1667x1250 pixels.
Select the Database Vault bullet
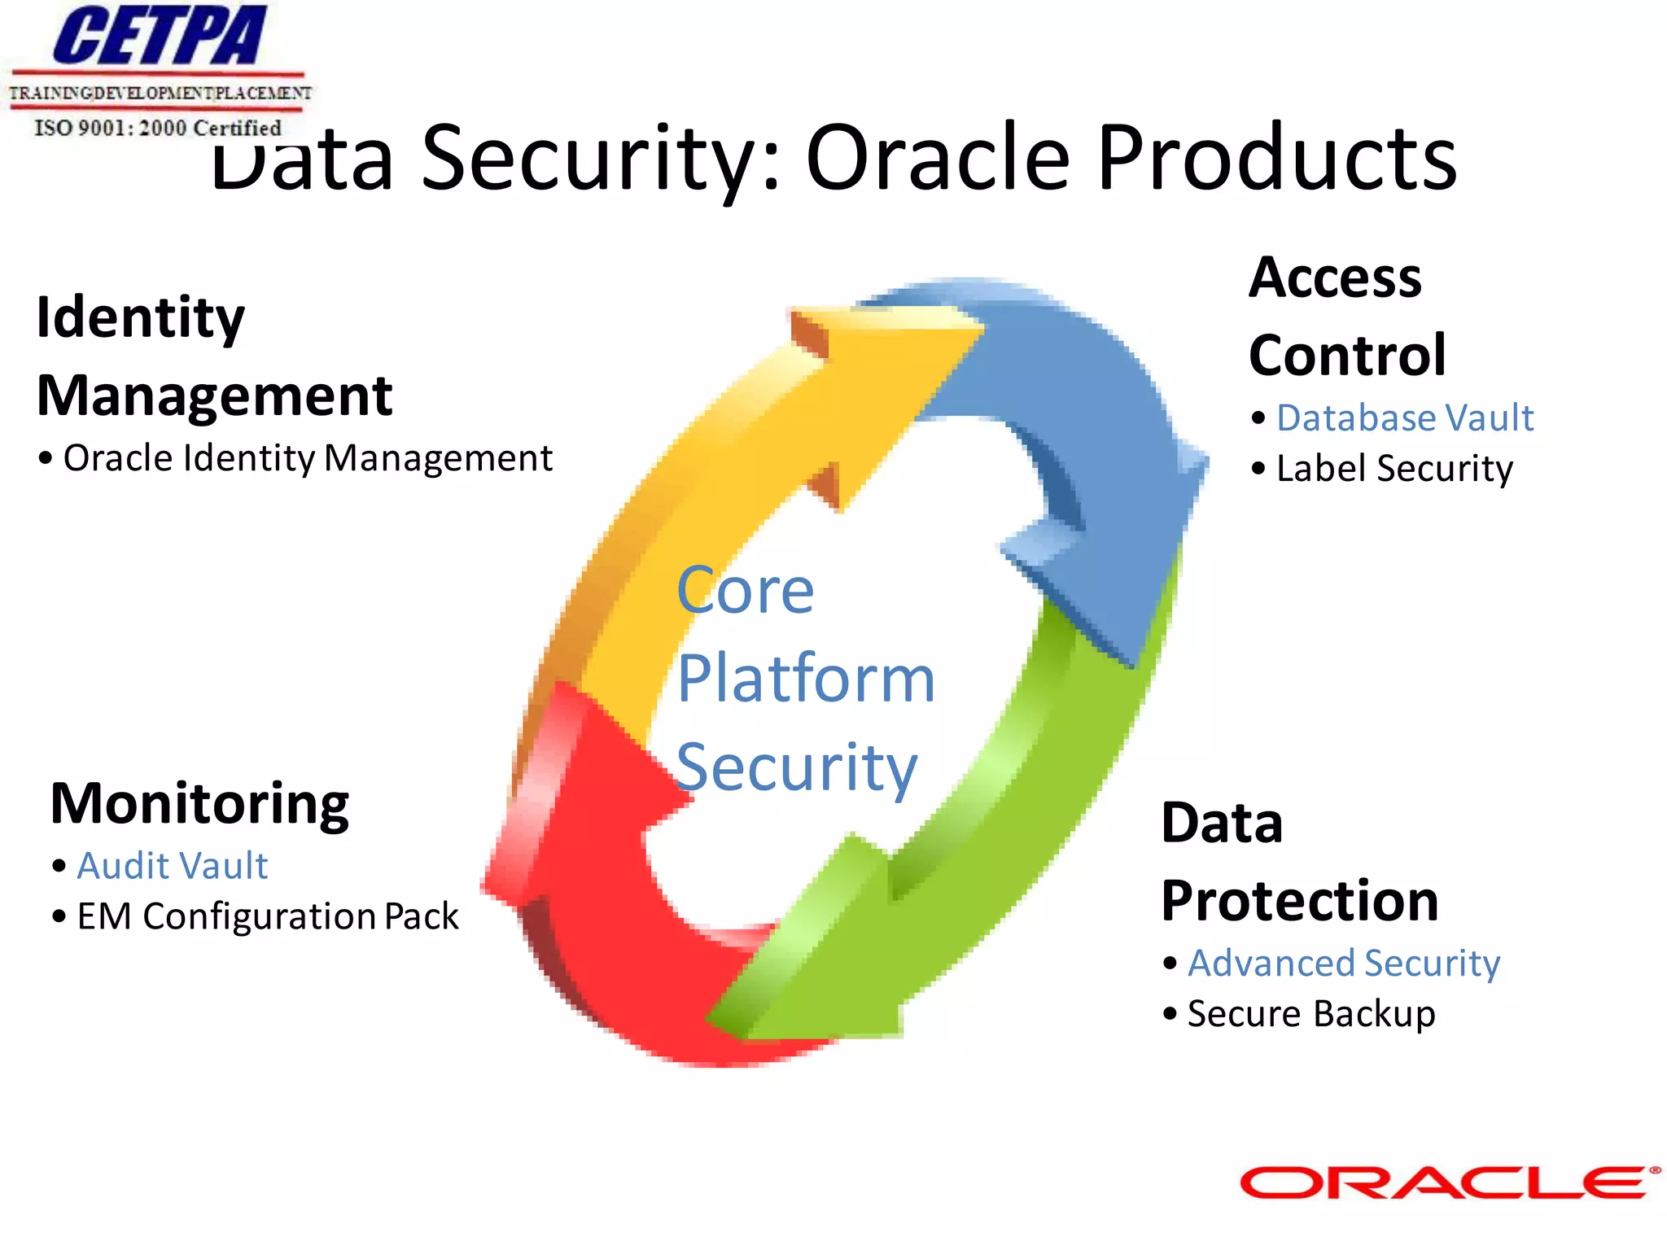pyautogui.click(x=1404, y=418)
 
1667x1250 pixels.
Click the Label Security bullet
pyautogui.click(x=1394, y=469)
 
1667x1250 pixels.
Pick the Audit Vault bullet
pyautogui.click(x=172, y=866)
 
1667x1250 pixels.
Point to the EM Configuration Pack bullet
pyautogui.click(x=267, y=916)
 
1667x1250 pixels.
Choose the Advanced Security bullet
pyautogui.click(x=1343, y=964)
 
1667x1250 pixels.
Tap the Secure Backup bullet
pyautogui.click(x=1310, y=1014)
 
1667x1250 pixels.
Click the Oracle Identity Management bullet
pyautogui.click(x=308, y=458)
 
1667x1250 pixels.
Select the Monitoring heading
pyautogui.click(x=199, y=804)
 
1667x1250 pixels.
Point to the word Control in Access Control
pyautogui.click(x=1347, y=356)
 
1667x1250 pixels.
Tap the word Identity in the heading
pyautogui.click(x=140, y=317)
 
